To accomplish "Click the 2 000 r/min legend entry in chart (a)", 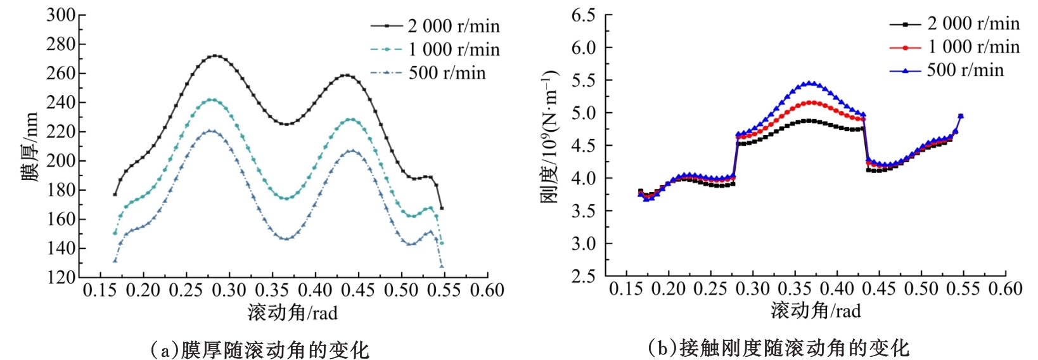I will (435, 26).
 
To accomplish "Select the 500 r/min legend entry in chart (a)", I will (428, 73).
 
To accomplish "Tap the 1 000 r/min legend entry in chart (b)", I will (954, 47).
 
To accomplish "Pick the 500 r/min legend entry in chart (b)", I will (947, 70).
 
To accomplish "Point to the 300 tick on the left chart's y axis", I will (61, 15).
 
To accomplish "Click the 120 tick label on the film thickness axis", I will (61, 277).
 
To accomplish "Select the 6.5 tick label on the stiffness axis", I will (583, 15).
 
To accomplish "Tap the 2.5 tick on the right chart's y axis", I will (583, 276).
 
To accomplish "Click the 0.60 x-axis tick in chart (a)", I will (487, 290).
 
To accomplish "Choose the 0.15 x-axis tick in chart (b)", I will (626, 289).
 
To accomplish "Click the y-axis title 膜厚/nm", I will (30, 147).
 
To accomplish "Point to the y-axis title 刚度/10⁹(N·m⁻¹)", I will (549, 136).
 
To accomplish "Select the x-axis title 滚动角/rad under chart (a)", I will (292, 312).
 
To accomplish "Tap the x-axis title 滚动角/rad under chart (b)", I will (816, 311).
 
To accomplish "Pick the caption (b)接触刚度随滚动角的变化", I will (778, 348).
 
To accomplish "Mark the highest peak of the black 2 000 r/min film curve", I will (215, 56).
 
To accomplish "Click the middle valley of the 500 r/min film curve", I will (286, 239).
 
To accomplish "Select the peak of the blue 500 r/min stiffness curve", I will (809, 83).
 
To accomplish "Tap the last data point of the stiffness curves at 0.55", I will (961, 116).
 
